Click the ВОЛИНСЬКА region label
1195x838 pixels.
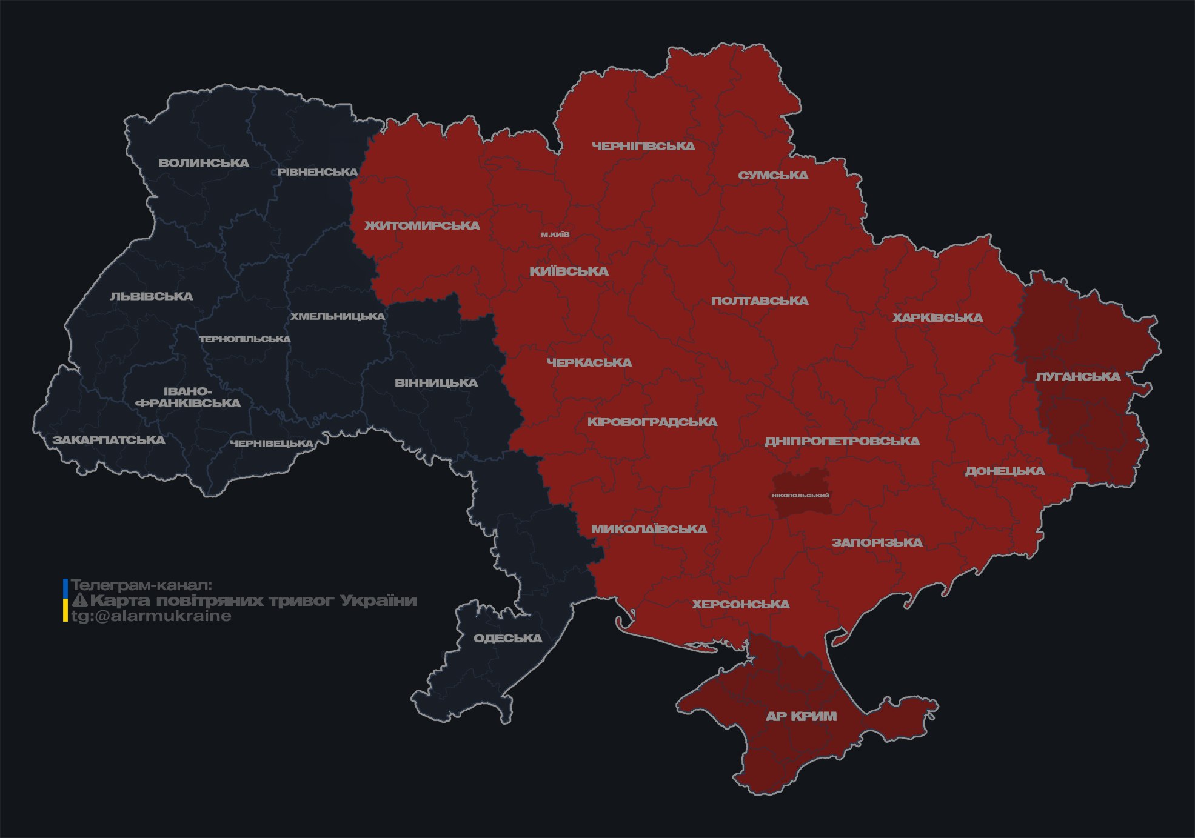click(204, 163)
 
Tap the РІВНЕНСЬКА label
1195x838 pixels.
click(318, 172)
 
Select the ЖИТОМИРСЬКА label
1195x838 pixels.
click(422, 225)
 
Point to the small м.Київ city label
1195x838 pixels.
click(555, 234)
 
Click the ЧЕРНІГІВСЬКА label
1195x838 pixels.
click(643, 146)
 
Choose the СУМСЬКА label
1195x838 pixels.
click(773, 175)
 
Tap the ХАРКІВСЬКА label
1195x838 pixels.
click(937, 318)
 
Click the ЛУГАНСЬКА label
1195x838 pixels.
click(1078, 376)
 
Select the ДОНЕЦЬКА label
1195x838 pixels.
click(1005, 471)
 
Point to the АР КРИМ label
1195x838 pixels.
click(801, 716)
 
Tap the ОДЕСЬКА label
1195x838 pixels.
click(507, 638)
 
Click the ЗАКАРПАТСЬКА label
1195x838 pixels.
click(109, 440)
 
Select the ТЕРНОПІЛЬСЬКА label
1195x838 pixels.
click(245, 339)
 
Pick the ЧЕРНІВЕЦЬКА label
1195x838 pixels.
click(272, 444)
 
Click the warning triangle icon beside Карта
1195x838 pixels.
click(79, 600)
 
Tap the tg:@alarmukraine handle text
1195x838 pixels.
click(151, 616)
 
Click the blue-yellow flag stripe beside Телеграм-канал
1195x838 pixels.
click(65, 600)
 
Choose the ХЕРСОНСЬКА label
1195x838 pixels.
click(741, 604)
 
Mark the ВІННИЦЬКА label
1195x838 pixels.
click(436, 383)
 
